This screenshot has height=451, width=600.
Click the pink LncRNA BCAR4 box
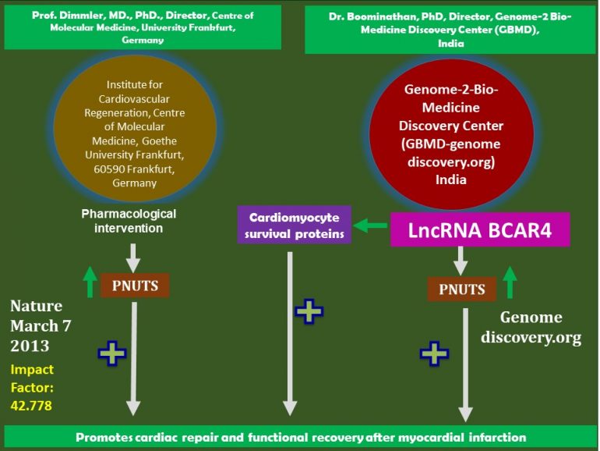[480, 229]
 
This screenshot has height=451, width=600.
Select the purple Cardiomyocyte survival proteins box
[295, 225]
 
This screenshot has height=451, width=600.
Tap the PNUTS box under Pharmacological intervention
[134, 286]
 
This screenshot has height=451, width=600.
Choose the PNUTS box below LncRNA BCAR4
[461, 290]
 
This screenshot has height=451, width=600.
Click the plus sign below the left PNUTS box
[112, 353]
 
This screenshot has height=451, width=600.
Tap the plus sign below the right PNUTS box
[434, 353]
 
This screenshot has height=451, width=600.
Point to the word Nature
[36, 305]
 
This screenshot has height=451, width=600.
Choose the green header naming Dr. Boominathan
[450, 27]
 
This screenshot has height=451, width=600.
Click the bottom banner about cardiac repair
[300, 437]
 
